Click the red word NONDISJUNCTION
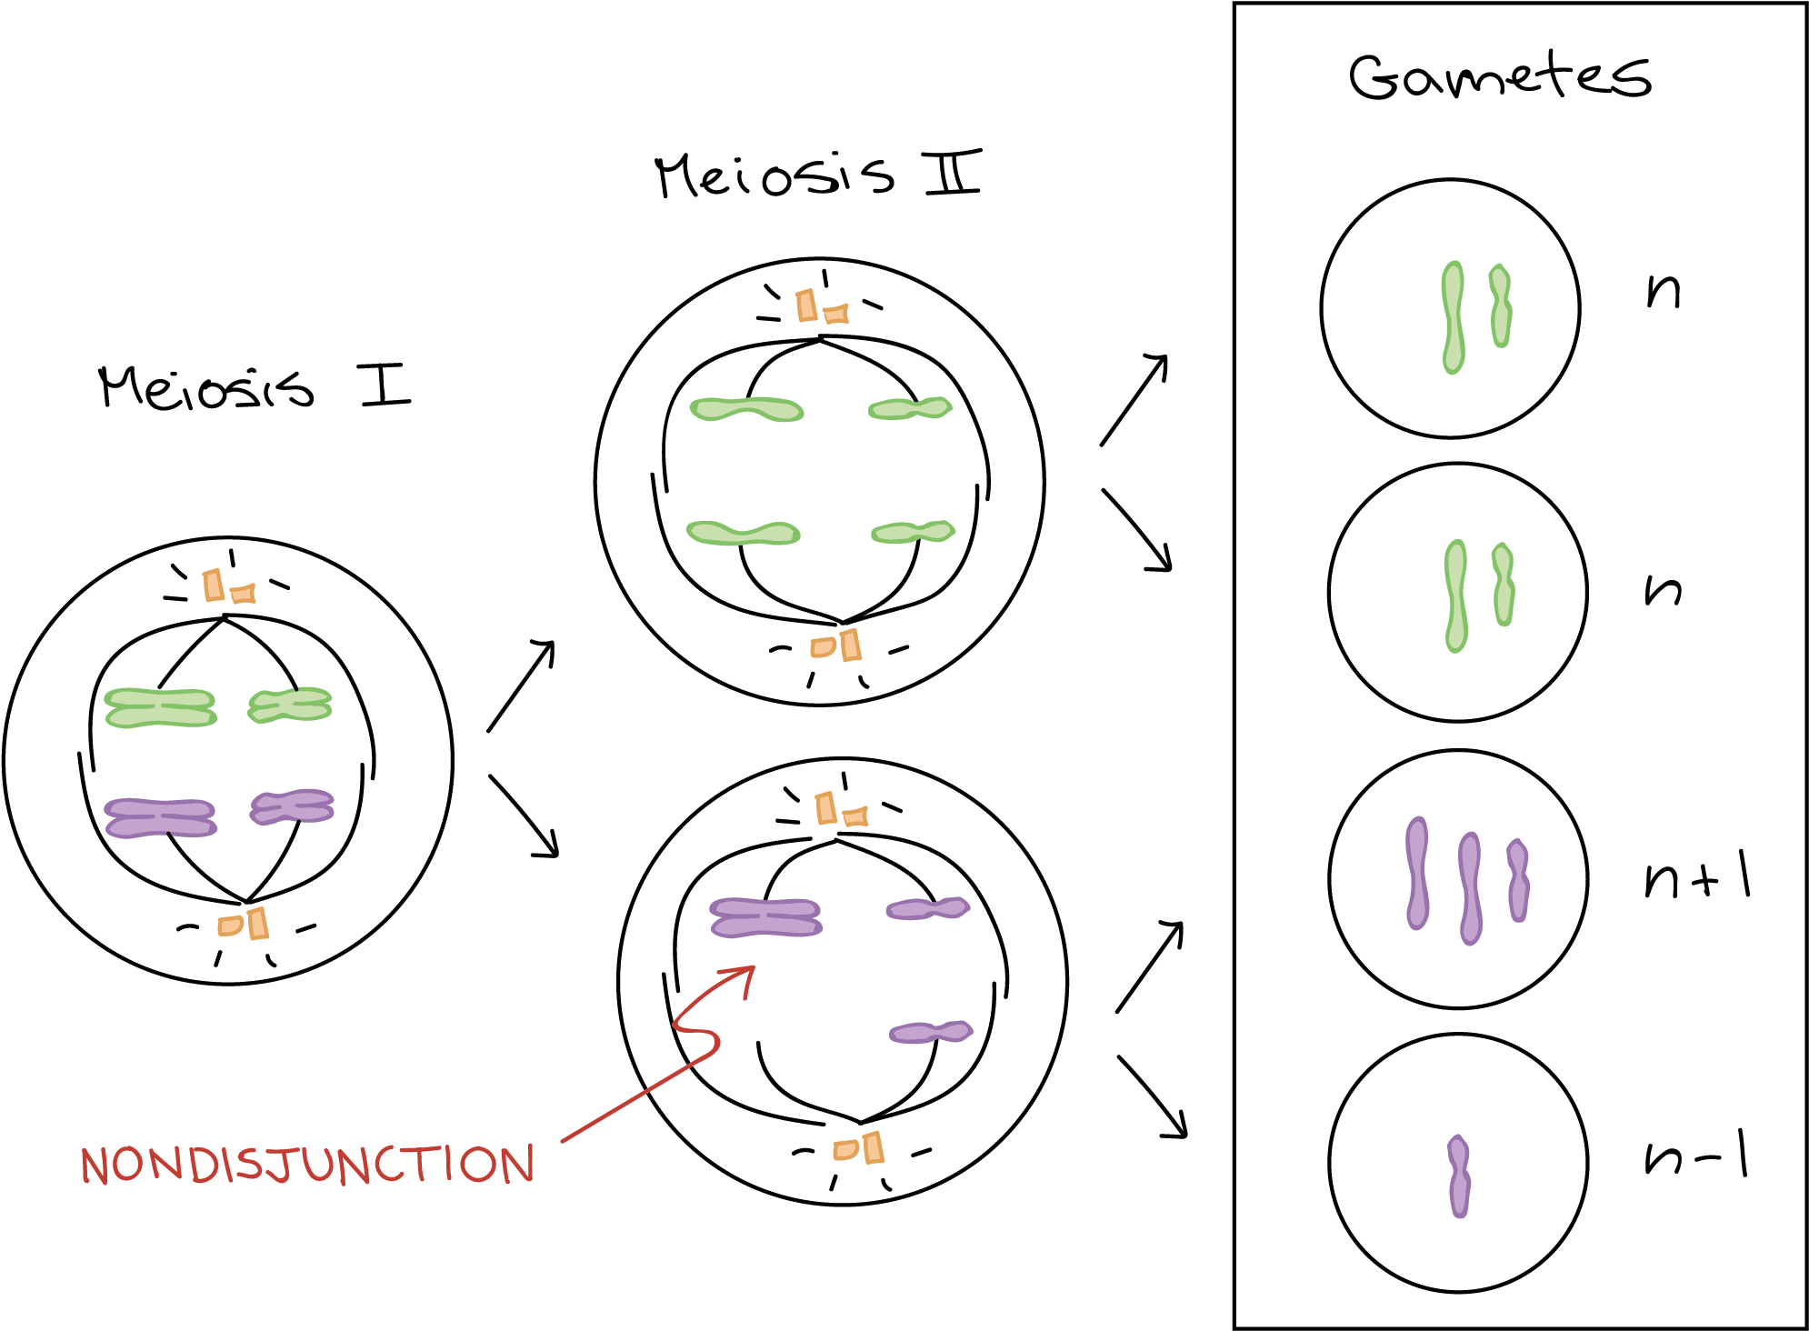point(307,1165)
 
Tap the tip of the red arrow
point(753,967)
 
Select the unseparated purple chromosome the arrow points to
point(766,916)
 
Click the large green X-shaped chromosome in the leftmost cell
point(161,707)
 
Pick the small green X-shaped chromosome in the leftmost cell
point(290,706)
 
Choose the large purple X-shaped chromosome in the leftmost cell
point(161,817)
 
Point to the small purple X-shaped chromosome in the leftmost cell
point(292,806)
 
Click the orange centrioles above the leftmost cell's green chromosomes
point(228,587)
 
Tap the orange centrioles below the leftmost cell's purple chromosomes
point(243,925)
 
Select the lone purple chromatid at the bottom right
point(1459,1176)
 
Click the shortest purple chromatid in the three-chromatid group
point(1517,880)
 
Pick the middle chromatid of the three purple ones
point(1470,887)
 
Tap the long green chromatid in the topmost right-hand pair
point(1453,317)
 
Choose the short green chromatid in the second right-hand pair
point(1504,584)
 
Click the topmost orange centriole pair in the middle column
point(821,307)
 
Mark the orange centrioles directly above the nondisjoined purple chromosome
point(841,810)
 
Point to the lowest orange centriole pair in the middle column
point(858,1149)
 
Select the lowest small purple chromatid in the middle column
point(931,1032)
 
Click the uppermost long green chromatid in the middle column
point(746,409)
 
